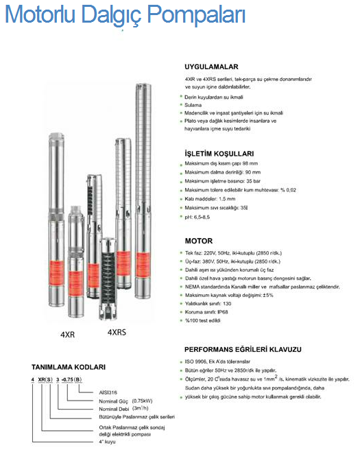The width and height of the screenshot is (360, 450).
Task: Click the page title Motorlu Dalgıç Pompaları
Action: (125, 15)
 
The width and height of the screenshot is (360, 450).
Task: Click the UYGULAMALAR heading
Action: (211, 67)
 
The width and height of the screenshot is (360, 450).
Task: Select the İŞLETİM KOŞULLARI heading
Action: (219, 154)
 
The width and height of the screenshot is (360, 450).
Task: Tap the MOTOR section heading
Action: (198, 241)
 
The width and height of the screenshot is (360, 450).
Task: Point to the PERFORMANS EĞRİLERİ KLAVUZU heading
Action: (243, 349)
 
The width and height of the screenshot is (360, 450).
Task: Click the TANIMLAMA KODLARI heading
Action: (69, 367)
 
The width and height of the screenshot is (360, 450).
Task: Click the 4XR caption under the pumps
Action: (67, 335)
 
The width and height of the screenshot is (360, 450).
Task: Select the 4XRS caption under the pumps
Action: (117, 332)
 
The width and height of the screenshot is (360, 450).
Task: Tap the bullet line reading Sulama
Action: (193, 105)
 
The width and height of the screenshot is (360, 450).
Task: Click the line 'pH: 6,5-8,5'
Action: (197, 217)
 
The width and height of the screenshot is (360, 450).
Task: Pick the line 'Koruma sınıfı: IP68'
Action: (206, 312)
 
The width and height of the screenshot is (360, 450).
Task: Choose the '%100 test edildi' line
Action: (202, 320)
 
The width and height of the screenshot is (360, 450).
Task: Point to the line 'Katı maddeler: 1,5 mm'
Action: (210, 199)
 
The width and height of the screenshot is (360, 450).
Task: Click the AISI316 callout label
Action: (108, 392)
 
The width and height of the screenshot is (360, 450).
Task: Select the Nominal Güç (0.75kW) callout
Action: (125, 401)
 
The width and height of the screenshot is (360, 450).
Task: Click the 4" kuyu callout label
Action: (107, 442)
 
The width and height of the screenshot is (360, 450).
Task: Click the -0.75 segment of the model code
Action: (67, 379)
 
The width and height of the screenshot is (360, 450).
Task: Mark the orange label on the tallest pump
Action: (143, 265)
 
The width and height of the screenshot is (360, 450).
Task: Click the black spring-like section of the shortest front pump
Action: (108, 275)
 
